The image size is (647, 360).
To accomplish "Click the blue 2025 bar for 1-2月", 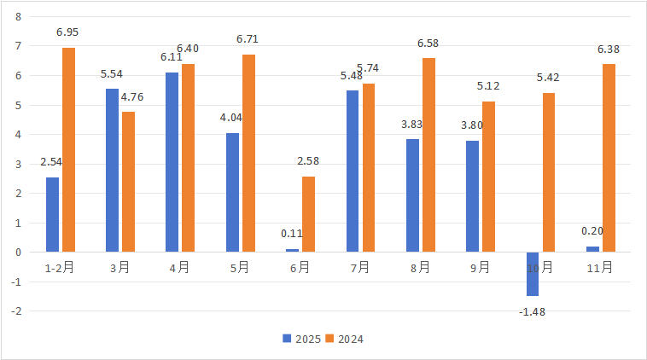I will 52,215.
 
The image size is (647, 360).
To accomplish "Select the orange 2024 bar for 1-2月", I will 68,150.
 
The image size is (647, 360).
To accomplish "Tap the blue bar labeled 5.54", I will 112,171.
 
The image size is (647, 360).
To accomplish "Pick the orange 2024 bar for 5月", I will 248,154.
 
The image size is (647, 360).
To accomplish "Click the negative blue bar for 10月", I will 533,274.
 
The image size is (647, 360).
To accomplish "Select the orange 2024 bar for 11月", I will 609,158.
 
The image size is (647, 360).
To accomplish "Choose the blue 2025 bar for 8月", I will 412,195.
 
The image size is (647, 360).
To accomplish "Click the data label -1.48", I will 532,311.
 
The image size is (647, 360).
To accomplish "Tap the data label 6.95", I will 67,32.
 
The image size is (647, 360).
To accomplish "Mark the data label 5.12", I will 489,86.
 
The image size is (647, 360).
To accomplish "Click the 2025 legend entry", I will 302,339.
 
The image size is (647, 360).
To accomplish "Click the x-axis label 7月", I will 360,267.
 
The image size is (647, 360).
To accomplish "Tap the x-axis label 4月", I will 180,267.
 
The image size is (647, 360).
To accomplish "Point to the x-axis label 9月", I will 481,267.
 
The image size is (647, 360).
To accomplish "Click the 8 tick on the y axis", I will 18,16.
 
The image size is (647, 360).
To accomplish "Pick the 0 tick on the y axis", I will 18,253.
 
